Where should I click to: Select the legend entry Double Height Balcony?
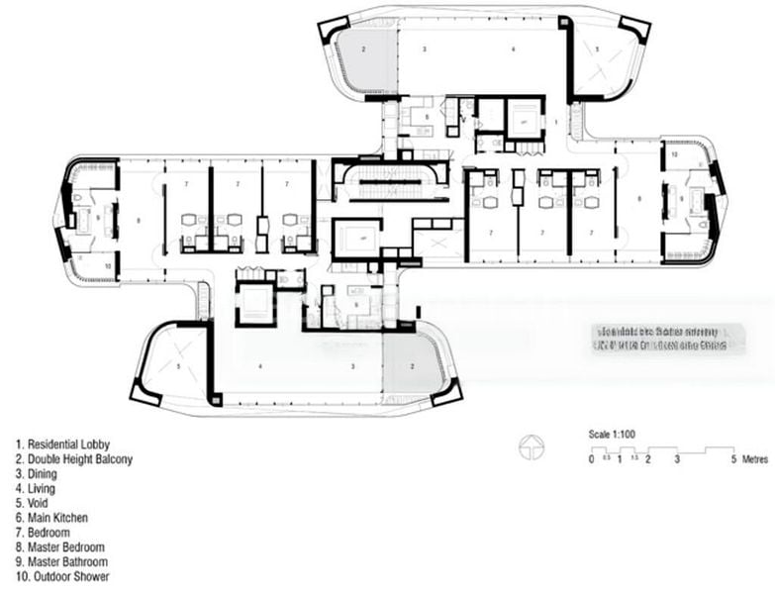point(74,459)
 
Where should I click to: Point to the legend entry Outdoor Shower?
point(63,576)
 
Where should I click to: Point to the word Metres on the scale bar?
point(754,460)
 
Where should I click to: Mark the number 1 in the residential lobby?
point(556,120)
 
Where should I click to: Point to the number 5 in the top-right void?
point(598,49)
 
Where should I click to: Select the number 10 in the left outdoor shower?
point(107,265)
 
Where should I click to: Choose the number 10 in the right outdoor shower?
point(671,154)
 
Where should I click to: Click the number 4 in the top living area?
point(514,49)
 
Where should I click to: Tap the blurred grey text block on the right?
point(668,340)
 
